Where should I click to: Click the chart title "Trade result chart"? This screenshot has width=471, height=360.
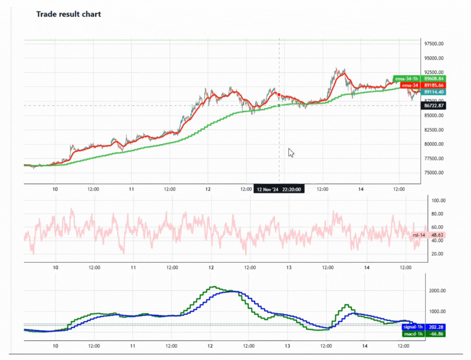pyautogui.click(x=68, y=14)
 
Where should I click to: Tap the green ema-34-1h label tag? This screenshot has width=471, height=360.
pyautogui.click(x=406, y=79)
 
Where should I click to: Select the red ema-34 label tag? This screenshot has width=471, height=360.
pyautogui.click(x=410, y=85)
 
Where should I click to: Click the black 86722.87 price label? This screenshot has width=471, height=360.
pyautogui.click(x=434, y=106)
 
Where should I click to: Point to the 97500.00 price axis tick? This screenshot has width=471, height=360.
pyautogui.click(x=434, y=44)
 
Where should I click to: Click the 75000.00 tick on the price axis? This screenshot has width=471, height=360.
pyautogui.click(x=434, y=173)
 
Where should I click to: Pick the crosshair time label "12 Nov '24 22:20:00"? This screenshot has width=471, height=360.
pyautogui.click(x=279, y=189)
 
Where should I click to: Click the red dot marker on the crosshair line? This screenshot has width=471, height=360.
pyautogui.click(x=279, y=95)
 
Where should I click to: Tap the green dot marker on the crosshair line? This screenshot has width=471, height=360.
pyautogui.click(x=279, y=106)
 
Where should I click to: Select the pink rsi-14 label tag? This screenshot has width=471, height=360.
pyautogui.click(x=419, y=235)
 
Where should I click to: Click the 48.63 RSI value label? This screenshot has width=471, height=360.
pyautogui.click(x=437, y=235)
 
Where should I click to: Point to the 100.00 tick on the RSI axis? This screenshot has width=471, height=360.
pyautogui.click(x=438, y=200)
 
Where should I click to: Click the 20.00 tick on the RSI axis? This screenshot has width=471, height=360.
pyautogui.click(x=437, y=254)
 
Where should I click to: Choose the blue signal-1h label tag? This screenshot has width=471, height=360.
pyautogui.click(x=413, y=327)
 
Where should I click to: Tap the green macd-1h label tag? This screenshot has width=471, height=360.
pyautogui.click(x=413, y=334)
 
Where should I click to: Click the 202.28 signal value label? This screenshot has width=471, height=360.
pyautogui.click(x=436, y=327)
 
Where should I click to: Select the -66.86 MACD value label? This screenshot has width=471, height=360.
pyautogui.click(x=436, y=334)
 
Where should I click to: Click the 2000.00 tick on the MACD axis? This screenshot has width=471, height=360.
pyautogui.click(x=437, y=291)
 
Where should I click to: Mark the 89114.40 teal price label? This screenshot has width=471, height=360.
pyautogui.click(x=434, y=92)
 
